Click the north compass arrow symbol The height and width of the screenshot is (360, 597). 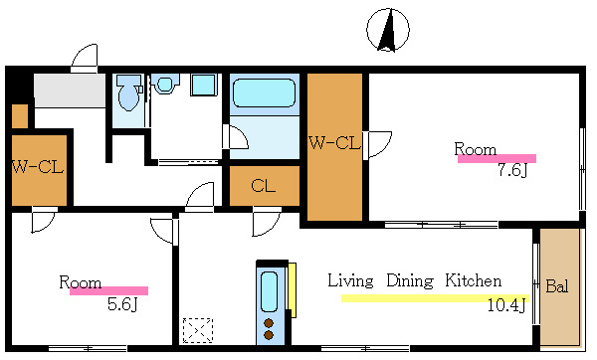click(388, 30)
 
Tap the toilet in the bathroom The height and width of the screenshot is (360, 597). click(128, 92)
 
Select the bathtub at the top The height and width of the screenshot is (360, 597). click(264, 92)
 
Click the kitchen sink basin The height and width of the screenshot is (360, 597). click(269, 292)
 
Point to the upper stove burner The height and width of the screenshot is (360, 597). click(269, 323)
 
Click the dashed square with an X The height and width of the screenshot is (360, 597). click(198, 330)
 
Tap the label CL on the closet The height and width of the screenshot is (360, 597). click(263, 186)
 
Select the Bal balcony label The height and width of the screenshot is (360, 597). click(557, 286)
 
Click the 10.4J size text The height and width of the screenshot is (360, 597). click(506, 305)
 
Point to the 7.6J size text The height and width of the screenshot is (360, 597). click(512, 170)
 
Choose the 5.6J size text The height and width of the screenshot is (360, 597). click(122, 304)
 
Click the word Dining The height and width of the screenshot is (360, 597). click(410, 281)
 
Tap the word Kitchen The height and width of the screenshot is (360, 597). click(474, 280)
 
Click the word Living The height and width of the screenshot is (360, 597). click(350, 280)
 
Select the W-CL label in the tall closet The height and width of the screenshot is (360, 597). click(334, 143)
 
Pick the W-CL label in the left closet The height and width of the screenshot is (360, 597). click(38, 167)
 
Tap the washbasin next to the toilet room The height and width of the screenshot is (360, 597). click(165, 85)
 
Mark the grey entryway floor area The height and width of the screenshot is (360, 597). click(70, 90)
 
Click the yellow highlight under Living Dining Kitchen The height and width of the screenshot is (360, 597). click(435, 298)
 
